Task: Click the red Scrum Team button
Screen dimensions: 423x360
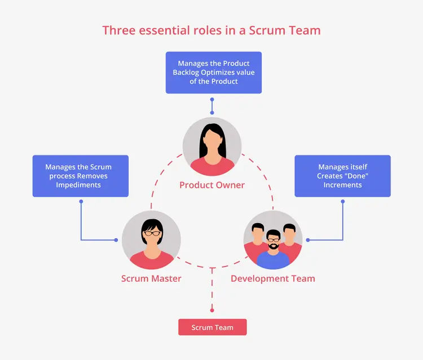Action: (x=212, y=327)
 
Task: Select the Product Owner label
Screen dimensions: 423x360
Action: (x=212, y=185)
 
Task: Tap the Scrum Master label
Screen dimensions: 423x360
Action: (x=151, y=278)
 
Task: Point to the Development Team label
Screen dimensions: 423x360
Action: (x=273, y=278)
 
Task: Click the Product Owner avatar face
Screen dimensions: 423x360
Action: (x=212, y=141)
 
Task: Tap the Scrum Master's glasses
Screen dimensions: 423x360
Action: (x=152, y=233)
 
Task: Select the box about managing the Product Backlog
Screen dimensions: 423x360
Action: (x=214, y=73)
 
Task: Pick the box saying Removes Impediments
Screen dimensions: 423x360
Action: (x=81, y=176)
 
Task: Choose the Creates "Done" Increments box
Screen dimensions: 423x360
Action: (x=342, y=176)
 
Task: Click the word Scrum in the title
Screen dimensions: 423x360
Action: (x=267, y=30)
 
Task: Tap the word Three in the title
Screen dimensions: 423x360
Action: (x=118, y=30)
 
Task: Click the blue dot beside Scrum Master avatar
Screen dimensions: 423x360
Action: (x=116, y=240)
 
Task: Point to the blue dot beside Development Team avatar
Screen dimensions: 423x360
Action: (x=308, y=240)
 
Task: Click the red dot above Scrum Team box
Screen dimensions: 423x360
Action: (x=212, y=310)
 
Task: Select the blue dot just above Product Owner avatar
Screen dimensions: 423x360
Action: (x=212, y=113)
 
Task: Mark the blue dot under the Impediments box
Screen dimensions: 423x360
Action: (x=81, y=202)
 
